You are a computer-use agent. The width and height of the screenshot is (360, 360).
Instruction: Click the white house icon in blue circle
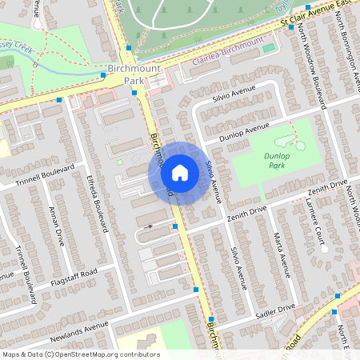[x=180, y=172]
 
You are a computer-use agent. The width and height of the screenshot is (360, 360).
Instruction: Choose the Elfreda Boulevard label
[x=94, y=197]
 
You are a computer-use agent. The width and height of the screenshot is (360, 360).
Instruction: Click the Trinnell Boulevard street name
[x=45, y=174]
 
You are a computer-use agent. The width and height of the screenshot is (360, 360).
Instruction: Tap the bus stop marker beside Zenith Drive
[x=175, y=227]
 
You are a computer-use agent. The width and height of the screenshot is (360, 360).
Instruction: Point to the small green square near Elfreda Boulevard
[x=120, y=162]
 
